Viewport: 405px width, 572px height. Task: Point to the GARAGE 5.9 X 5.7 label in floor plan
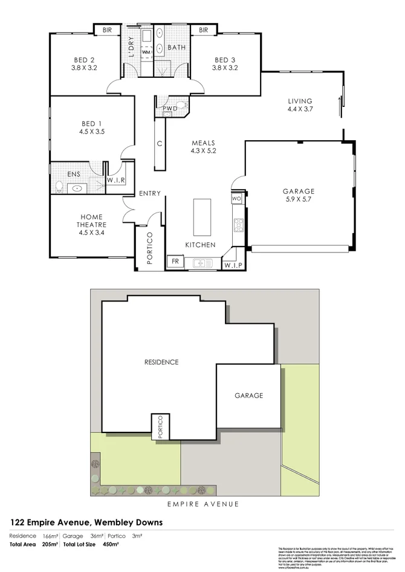click(299, 196)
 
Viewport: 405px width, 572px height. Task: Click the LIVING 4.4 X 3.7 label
click(300, 105)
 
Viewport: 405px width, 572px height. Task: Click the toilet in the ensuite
click(59, 187)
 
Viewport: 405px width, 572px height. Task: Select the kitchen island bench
click(202, 217)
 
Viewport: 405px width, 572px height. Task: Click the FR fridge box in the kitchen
click(175, 262)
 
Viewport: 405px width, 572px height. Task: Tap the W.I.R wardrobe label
click(115, 181)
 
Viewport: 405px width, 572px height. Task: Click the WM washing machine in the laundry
click(146, 53)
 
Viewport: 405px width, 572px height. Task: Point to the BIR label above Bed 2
click(108, 30)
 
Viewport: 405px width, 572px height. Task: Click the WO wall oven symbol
click(236, 199)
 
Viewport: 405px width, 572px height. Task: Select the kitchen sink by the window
click(201, 263)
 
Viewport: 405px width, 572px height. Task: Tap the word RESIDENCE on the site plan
click(161, 362)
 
